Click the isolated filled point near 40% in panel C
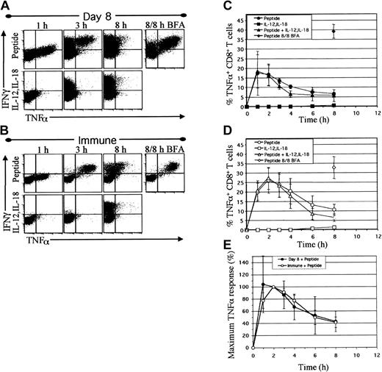(x=334, y=32)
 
